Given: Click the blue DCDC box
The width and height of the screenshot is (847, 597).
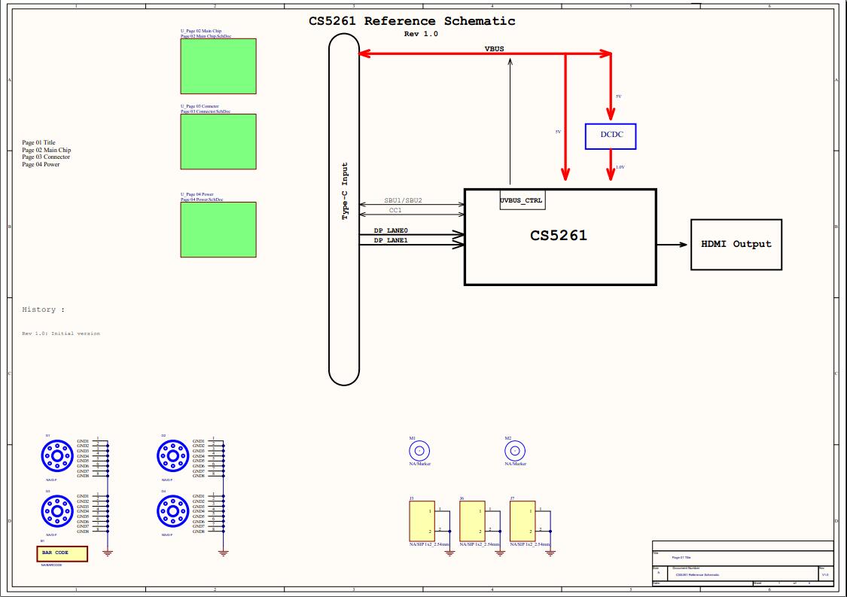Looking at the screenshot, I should pos(610,136).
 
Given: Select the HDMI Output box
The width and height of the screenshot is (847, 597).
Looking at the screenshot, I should pos(736,244).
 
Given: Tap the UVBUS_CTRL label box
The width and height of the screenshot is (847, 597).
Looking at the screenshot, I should pos(522,201).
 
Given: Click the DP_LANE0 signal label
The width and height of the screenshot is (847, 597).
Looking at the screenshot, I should pos(391,230).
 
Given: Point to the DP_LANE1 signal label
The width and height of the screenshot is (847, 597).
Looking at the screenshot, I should pos(391,240).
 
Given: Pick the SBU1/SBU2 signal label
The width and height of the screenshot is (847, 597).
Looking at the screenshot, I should pos(403,201).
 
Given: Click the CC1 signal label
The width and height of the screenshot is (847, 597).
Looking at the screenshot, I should pos(395,211).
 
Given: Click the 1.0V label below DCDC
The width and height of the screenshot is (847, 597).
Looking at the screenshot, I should pos(620,167).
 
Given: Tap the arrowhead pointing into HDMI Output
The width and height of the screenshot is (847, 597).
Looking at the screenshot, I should pos(682,245).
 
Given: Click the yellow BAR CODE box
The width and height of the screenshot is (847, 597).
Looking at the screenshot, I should pos(62,553).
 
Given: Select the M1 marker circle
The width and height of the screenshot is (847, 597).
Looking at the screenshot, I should pos(419,451).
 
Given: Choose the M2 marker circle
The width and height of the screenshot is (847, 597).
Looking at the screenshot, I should pos(514,451).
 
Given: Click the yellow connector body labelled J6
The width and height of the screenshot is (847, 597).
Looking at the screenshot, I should pos(471,521).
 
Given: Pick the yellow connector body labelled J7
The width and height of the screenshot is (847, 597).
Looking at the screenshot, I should pos(522,521).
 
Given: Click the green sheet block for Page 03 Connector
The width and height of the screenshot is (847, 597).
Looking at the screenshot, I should pos(218,142).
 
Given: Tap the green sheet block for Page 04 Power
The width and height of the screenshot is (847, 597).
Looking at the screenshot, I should pos(218,230).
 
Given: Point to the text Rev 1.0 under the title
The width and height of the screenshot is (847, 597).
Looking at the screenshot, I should pos(421,34).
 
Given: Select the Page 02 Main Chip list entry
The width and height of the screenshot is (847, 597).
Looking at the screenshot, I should pos(46,150).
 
